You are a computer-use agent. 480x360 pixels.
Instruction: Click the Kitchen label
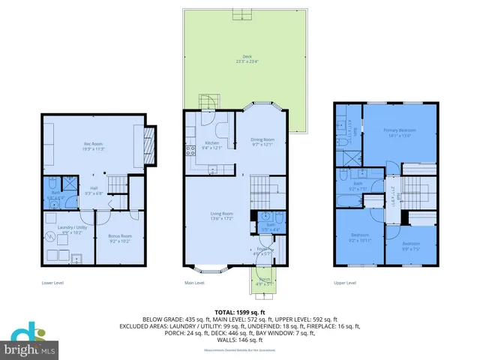[x=211, y=143]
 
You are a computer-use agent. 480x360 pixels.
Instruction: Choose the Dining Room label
[x=262, y=141]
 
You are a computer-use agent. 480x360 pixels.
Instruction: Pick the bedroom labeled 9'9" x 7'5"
[x=410, y=244]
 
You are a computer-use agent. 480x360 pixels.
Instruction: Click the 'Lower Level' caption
[x=52, y=283]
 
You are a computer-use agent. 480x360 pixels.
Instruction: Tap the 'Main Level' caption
[x=195, y=283]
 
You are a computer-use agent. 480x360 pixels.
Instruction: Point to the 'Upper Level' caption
[x=345, y=283]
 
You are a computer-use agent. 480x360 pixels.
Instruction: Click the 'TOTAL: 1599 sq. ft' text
[x=240, y=311]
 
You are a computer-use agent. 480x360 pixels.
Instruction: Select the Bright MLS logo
[x=31, y=342]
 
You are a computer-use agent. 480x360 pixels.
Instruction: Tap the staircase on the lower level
[x=117, y=182]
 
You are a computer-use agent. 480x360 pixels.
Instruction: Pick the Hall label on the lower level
[x=93, y=189]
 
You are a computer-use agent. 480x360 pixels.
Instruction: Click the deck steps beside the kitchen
[x=207, y=103]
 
